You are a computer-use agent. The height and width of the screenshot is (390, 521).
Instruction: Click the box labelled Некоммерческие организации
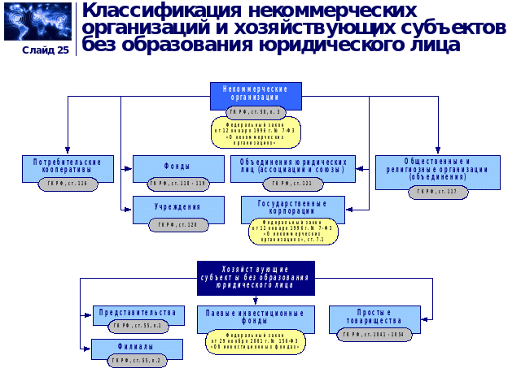click(x=256, y=93)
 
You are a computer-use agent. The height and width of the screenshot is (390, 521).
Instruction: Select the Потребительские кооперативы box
click(x=68, y=166)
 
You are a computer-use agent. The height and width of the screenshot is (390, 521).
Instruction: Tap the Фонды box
click(x=177, y=166)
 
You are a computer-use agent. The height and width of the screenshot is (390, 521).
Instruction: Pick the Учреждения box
click(x=177, y=207)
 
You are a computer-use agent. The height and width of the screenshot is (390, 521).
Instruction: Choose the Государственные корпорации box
click(x=292, y=206)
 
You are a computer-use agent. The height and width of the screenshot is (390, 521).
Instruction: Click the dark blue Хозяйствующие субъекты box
click(x=256, y=277)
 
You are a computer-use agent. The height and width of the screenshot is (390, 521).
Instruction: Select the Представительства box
click(x=137, y=313)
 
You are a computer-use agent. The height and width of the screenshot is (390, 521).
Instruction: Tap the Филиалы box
click(x=137, y=347)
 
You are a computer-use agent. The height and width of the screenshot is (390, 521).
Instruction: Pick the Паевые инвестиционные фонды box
click(x=256, y=317)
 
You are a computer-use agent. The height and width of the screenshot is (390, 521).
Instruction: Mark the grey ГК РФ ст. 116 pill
click(x=68, y=184)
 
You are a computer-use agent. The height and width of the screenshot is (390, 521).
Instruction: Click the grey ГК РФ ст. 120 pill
click(x=177, y=225)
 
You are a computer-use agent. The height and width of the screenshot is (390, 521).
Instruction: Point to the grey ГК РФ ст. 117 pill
click(x=438, y=193)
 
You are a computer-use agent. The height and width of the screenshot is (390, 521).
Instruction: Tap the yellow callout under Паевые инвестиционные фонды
click(x=256, y=341)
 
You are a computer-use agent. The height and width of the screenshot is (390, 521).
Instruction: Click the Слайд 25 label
click(x=46, y=50)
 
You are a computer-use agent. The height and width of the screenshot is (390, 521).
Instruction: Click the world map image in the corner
click(x=37, y=21)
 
